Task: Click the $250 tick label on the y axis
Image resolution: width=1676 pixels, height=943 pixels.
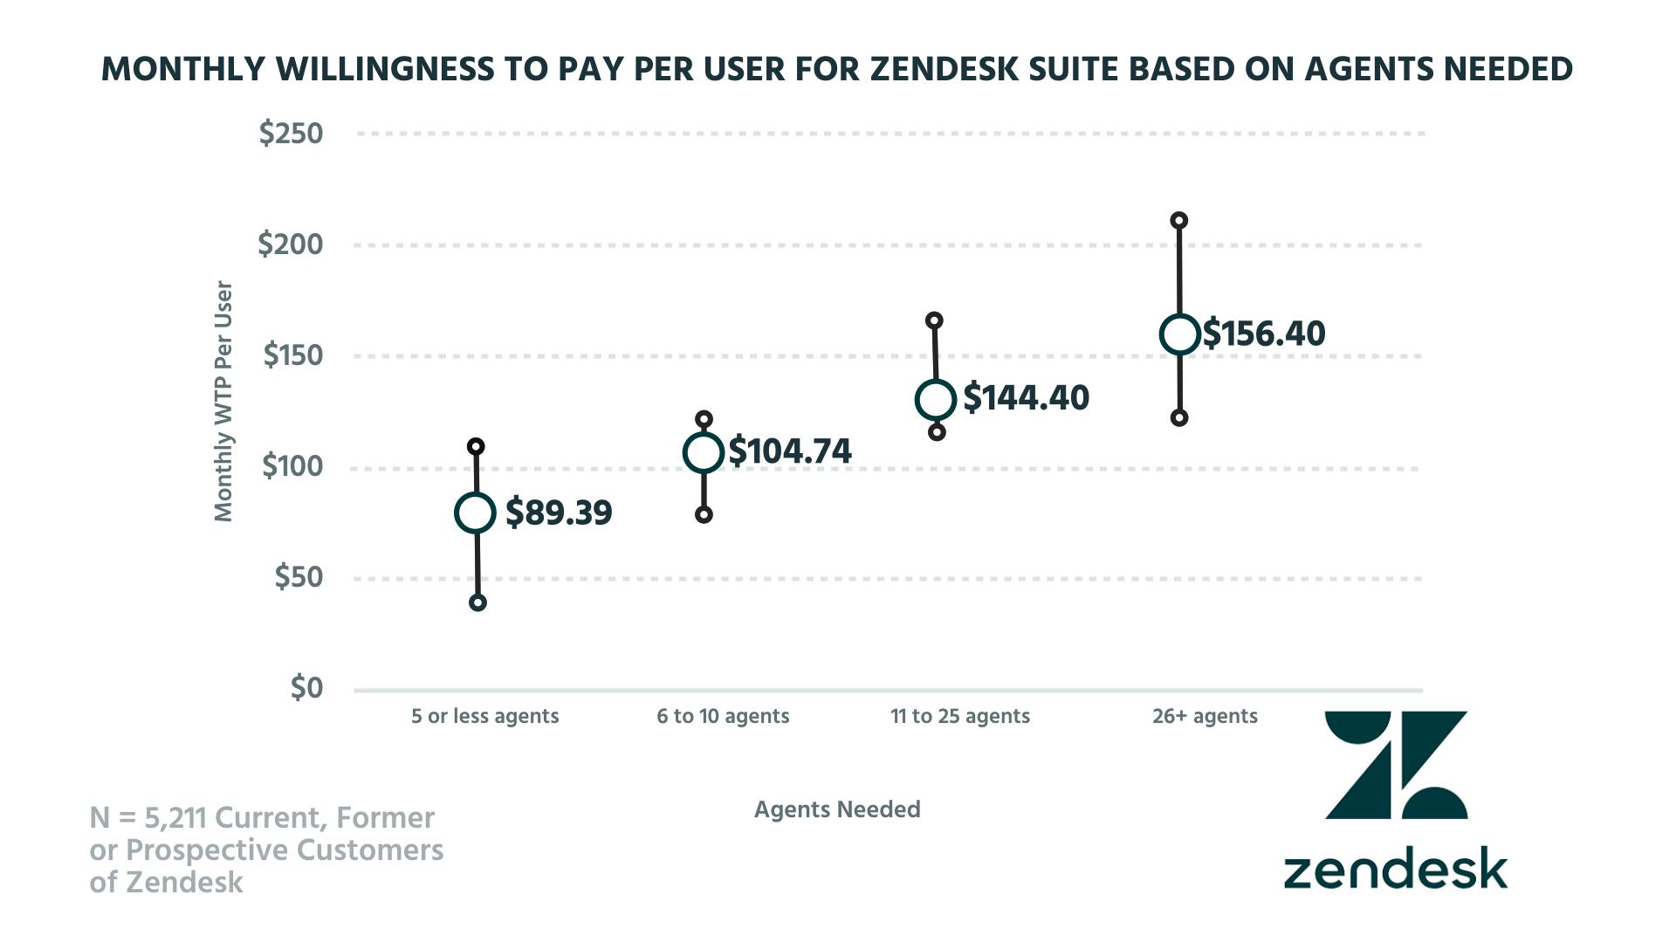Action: (x=291, y=134)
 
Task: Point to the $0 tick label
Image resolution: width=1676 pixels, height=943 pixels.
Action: (x=306, y=688)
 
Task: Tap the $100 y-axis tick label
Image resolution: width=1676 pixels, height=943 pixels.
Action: (x=292, y=466)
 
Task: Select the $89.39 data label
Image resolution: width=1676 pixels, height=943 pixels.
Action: (x=559, y=513)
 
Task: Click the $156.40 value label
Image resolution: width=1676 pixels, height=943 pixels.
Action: (x=1264, y=334)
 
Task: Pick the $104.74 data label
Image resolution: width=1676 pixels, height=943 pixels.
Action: (x=790, y=451)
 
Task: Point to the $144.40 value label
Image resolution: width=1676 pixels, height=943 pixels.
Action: (x=1027, y=398)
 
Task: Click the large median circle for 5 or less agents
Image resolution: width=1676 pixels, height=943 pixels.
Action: (x=476, y=513)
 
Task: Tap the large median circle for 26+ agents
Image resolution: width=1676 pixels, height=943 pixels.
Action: (x=1179, y=334)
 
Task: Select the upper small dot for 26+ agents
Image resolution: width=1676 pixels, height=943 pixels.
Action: (x=1178, y=220)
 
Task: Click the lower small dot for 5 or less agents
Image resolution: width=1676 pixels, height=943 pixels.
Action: (x=477, y=602)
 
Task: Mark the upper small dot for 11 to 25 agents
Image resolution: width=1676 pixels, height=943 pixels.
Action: (x=934, y=320)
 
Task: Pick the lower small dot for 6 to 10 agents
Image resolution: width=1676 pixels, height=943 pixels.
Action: (x=704, y=515)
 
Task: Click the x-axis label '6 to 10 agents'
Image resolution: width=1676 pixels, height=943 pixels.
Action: (x=723, y=717)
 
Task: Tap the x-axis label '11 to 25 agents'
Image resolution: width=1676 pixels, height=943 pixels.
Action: (x=960, y=717)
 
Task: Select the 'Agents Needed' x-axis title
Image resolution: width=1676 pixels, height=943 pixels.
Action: (x=837, y=809)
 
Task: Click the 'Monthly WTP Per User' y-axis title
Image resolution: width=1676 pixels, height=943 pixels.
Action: (x=223, y=402)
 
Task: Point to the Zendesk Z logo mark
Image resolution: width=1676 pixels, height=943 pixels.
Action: (x=1396, y=765)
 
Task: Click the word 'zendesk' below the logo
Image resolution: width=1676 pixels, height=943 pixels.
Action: (x=1395, y=870)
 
